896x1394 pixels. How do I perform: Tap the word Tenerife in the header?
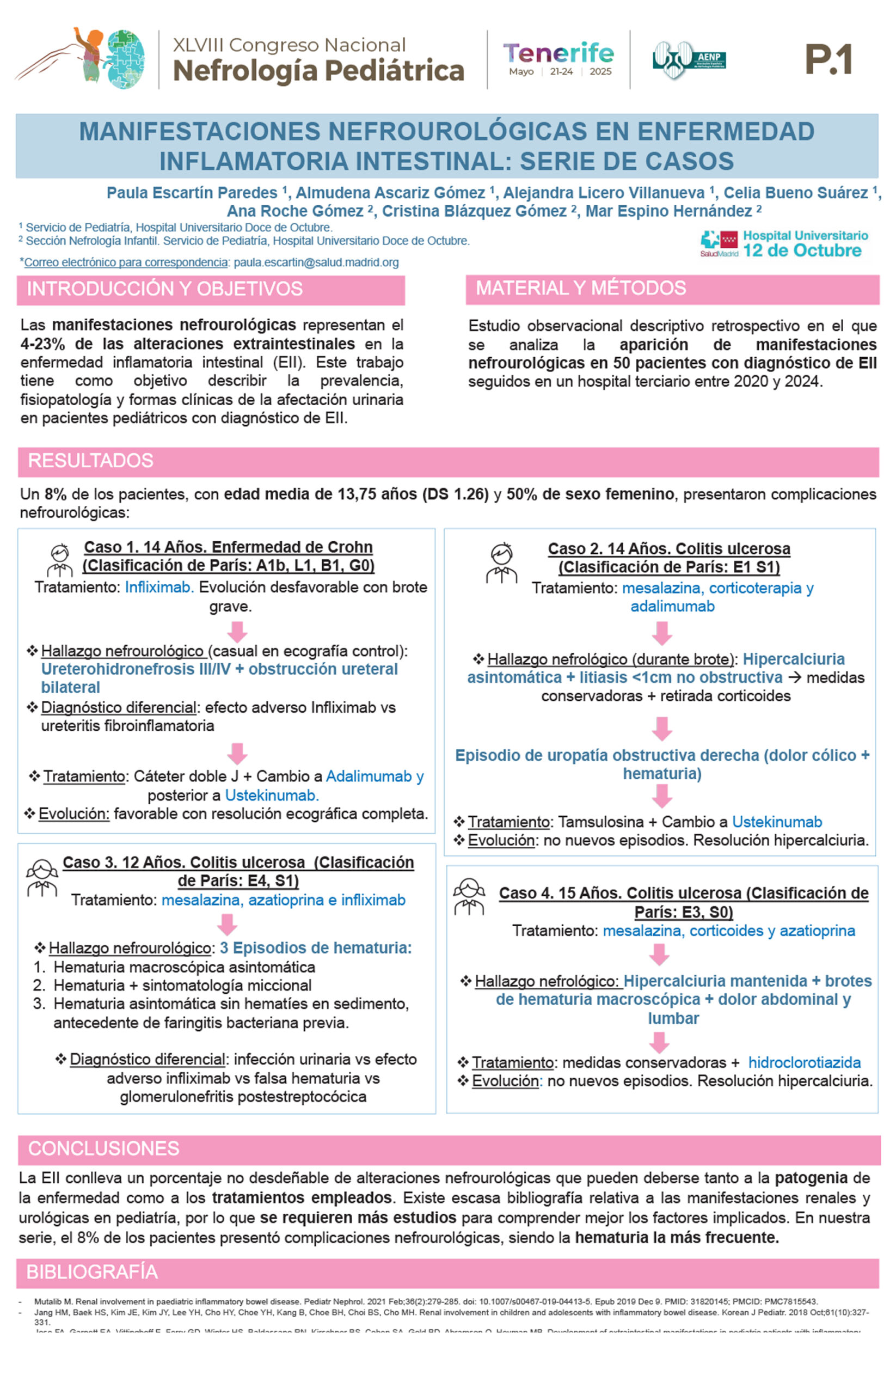coord(558,53)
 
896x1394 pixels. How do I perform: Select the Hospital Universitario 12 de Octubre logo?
coord(784,244)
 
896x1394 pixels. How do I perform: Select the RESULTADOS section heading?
coord(91,460)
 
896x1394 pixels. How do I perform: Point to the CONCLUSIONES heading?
coord(103,1148)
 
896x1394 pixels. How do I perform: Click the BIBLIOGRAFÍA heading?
coord(92,1272)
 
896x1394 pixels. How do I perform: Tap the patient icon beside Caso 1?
coord(59,559)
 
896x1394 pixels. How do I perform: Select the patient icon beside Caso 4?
coord(469,896)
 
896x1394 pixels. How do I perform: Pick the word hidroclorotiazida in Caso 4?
coord(804,1062)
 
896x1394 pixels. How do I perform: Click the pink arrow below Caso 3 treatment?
coord(227,924)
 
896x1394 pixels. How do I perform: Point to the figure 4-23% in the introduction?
coord(42,344)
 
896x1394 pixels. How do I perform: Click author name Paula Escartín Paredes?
coord(192,193)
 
